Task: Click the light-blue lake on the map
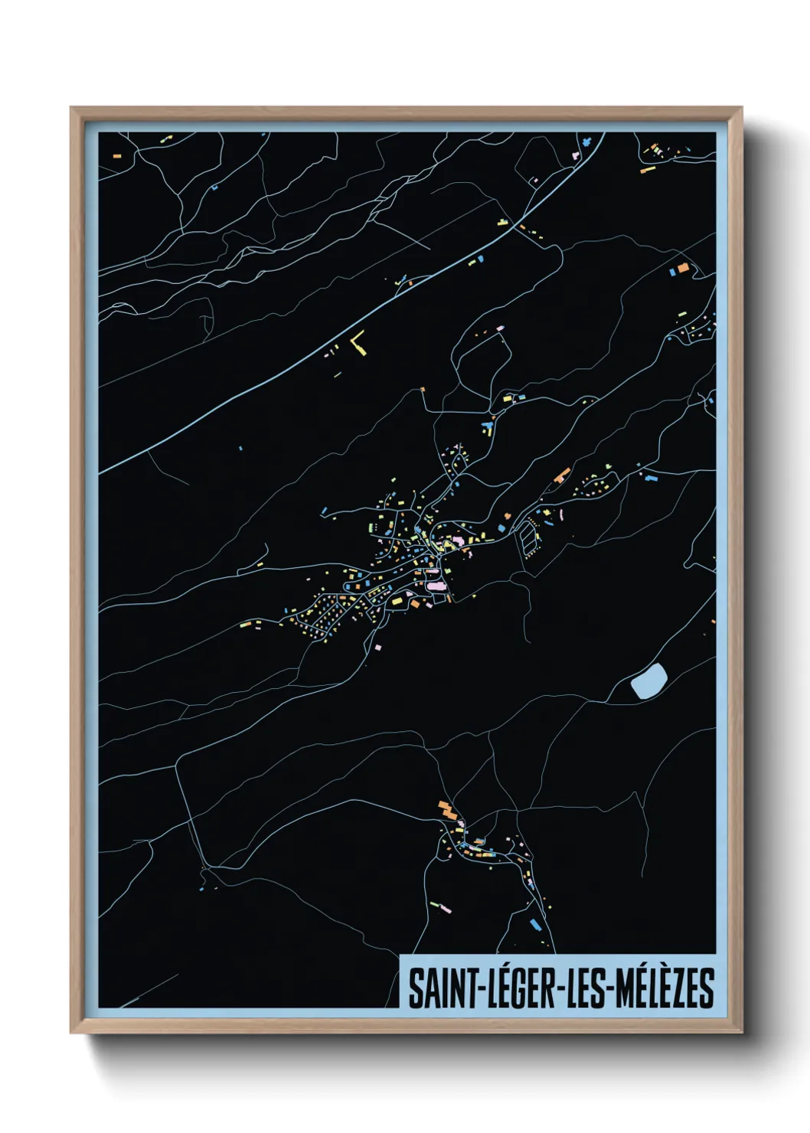pyautogui.click(x=649, y=680)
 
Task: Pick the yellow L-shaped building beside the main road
pyautogui.click(x=358, y=344)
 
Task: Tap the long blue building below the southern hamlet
pyautogui.click(x=536, y=924)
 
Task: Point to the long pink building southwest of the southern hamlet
pyautogui.click(x=442, y=908)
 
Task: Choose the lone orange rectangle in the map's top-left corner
pyautogui.click(x=117, y=155)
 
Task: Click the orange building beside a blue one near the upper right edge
pyautogui.click(x=684, y=268)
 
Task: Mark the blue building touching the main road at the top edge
pyautogui.click(x=586, y=142)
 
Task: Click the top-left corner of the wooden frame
pyautogui.click(x=71, y=109)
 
